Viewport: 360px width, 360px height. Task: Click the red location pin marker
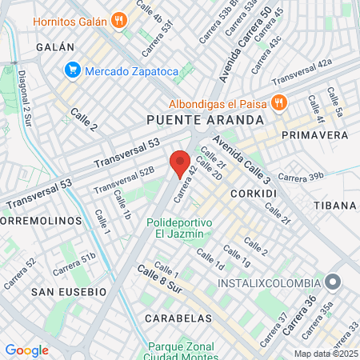[x=180, y=163]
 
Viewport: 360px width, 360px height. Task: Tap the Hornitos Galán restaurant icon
[x=120, y=21]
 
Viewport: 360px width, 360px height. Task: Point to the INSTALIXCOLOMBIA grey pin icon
[x=334, y=282]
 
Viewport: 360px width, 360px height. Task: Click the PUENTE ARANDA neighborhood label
[x=205, y=119]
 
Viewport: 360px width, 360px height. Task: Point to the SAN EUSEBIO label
[x=69, y=293]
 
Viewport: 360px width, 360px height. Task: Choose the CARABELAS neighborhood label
[x=178, y=318]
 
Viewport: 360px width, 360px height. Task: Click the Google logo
[x=26, y=350]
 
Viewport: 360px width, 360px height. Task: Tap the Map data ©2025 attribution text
[x=324, y=354]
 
